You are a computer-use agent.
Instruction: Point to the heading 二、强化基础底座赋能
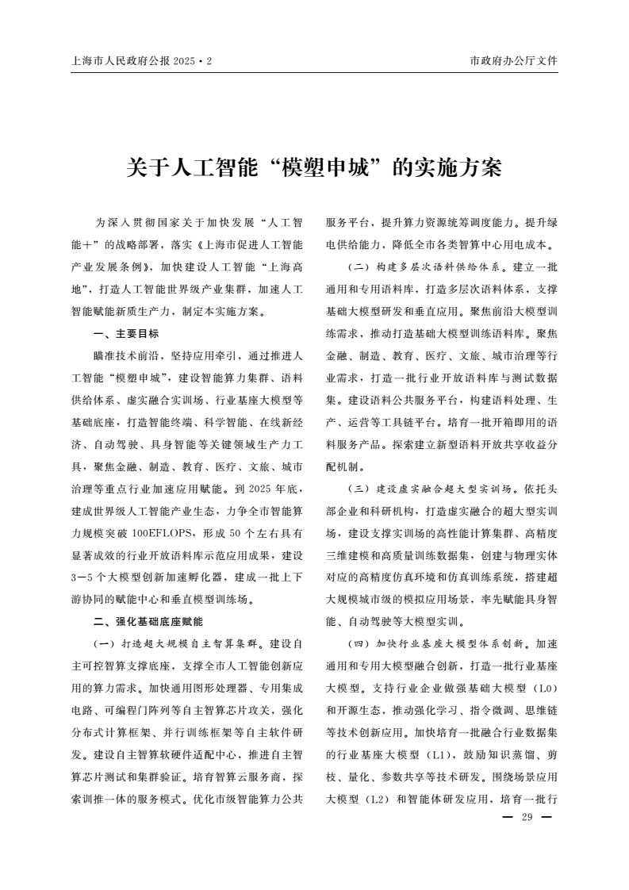148,620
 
